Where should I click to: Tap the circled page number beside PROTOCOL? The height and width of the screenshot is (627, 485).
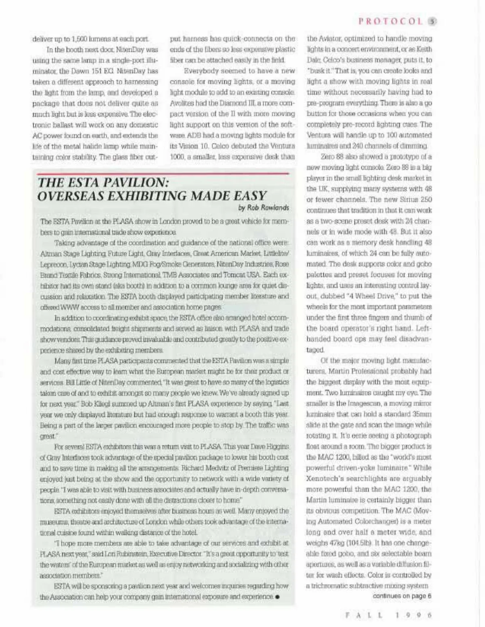point(432,21)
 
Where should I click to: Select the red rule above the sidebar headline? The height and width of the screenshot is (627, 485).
point(163,173)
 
